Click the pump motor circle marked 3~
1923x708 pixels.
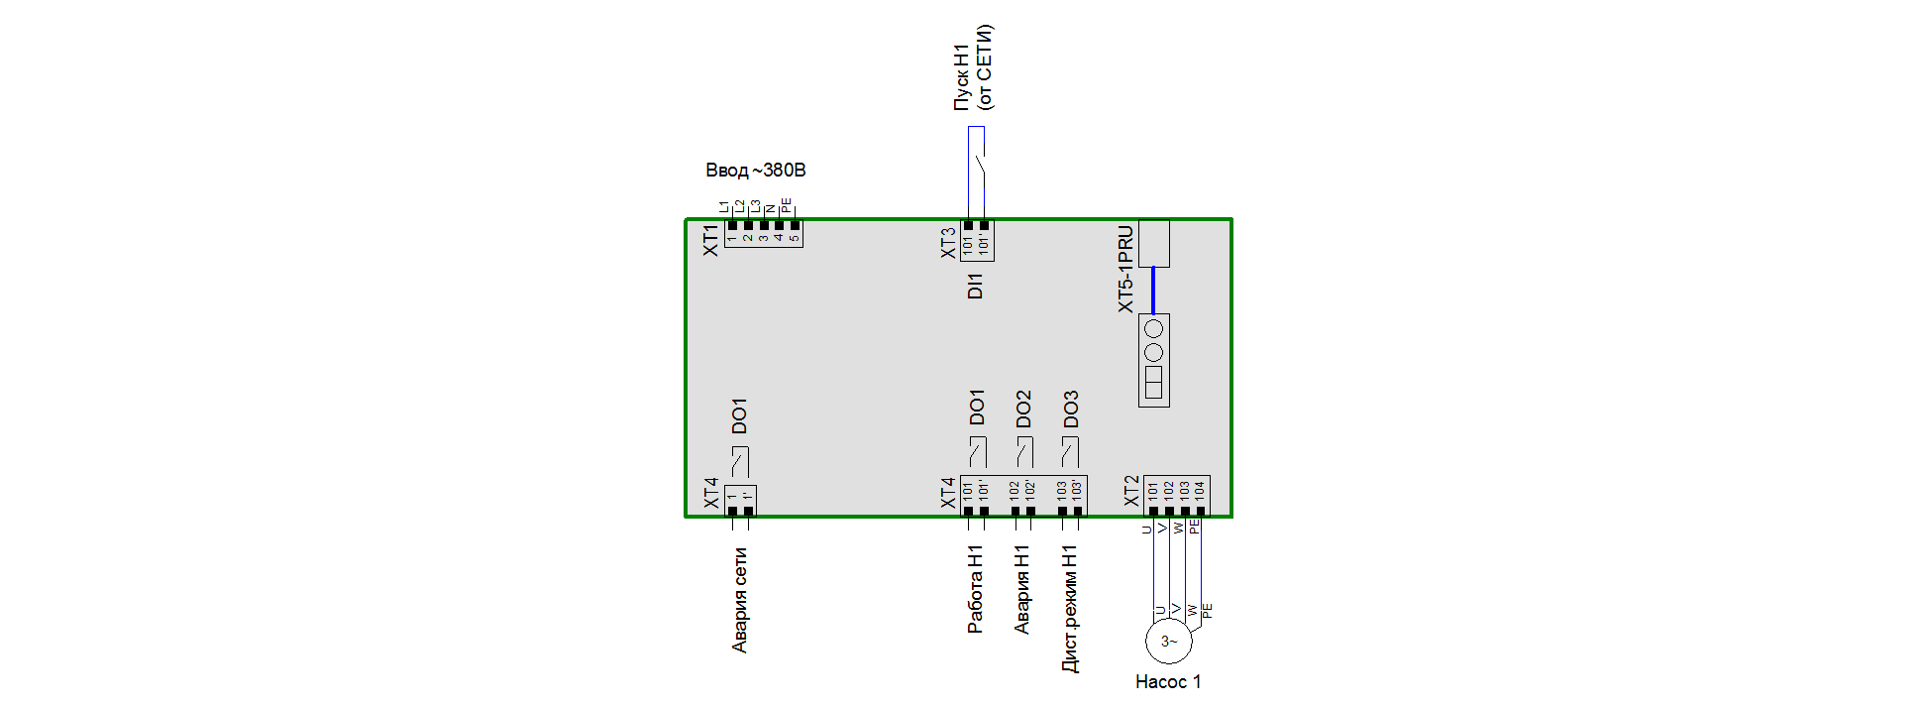1169,642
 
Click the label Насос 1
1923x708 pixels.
1168,682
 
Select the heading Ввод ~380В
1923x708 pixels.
755,171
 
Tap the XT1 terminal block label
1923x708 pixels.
711,240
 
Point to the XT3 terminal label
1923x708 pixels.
949,243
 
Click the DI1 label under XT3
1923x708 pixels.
976,287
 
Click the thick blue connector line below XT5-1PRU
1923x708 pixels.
1153,291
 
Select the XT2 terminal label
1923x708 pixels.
1132,492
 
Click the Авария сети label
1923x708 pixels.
740,600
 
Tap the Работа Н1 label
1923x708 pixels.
976,589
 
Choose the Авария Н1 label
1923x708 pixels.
1022,589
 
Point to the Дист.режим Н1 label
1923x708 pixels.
1070,609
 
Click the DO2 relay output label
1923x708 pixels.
1023,409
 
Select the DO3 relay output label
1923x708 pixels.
1071,409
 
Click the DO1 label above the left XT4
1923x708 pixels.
739,416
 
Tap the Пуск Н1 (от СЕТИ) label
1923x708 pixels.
973,67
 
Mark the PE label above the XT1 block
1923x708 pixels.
787,205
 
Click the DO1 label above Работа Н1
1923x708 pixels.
977,408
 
